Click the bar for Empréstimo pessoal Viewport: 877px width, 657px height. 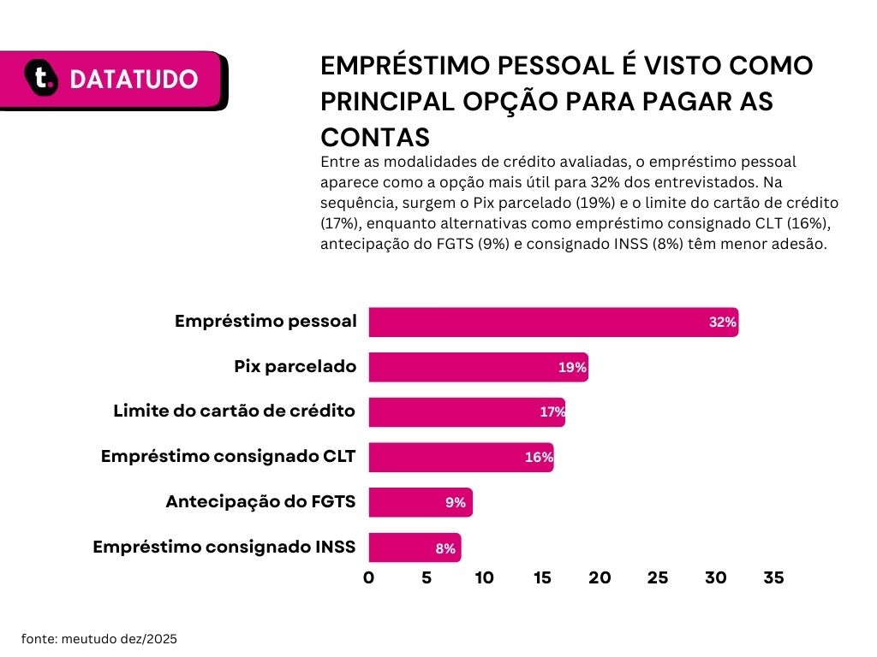(553, 322)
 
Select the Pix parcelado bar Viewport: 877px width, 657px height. (478, 367)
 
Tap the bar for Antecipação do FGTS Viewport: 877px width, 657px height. (421, 502)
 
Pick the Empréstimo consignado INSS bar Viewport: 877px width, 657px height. (415, 547)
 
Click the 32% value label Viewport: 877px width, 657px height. (723, 323)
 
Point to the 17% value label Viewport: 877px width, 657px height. (552, 412)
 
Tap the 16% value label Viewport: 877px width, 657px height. (539, 458)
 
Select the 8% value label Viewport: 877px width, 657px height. (445, 549)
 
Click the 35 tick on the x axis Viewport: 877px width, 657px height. (773, 577)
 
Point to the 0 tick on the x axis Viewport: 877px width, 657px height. (368, 577)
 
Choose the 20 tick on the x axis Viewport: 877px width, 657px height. (600, 577)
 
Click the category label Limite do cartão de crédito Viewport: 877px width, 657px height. (235, 411)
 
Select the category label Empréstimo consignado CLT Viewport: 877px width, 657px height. (228, 457)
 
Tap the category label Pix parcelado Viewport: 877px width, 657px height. (295, 366)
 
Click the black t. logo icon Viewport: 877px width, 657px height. (41, 78)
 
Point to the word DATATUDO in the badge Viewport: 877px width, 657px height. (134, 80)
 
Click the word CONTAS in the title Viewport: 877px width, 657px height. (375, 137)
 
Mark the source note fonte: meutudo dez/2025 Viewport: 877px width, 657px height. (99, 639)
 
